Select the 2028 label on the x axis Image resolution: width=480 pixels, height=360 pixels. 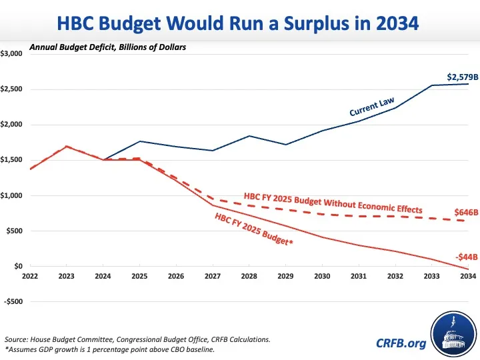[249, 276]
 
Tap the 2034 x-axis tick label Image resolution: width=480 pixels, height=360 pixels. [468, 276]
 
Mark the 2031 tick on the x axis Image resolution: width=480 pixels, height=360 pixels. [359, 276]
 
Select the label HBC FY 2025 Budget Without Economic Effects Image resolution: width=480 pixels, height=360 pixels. [333, 201]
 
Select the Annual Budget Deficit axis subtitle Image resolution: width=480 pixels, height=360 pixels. [107, 48]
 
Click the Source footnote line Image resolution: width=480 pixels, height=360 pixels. [137, 339]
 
